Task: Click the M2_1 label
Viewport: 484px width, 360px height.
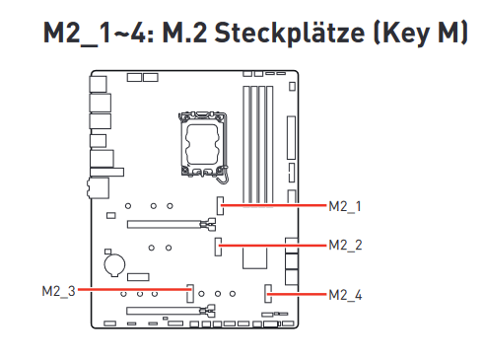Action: pyautogui.click(x=345, y=206)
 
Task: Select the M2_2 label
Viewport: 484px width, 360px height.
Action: pyautogui.click(x=345, y=246)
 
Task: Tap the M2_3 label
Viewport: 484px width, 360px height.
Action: pyautogui.click(x=59, y=291)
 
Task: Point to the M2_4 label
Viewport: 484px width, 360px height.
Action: pyautogui.click(x=345, y=295)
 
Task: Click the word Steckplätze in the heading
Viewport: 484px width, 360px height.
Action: pyautogui.click(x=290, y=34)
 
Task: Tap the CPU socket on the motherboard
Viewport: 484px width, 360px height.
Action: pyautogui.click(x=203, y=145)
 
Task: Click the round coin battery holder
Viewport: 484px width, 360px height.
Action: pyautogui.click(x=114, y=264)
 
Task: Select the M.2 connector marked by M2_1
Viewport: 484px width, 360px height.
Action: pyautogui.click(x=220, y=206)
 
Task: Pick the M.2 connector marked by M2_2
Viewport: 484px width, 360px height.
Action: pyautogui.click(x=218, y=247)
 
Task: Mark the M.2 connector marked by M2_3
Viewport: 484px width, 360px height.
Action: pyautogui.click(x=190, y=293)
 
